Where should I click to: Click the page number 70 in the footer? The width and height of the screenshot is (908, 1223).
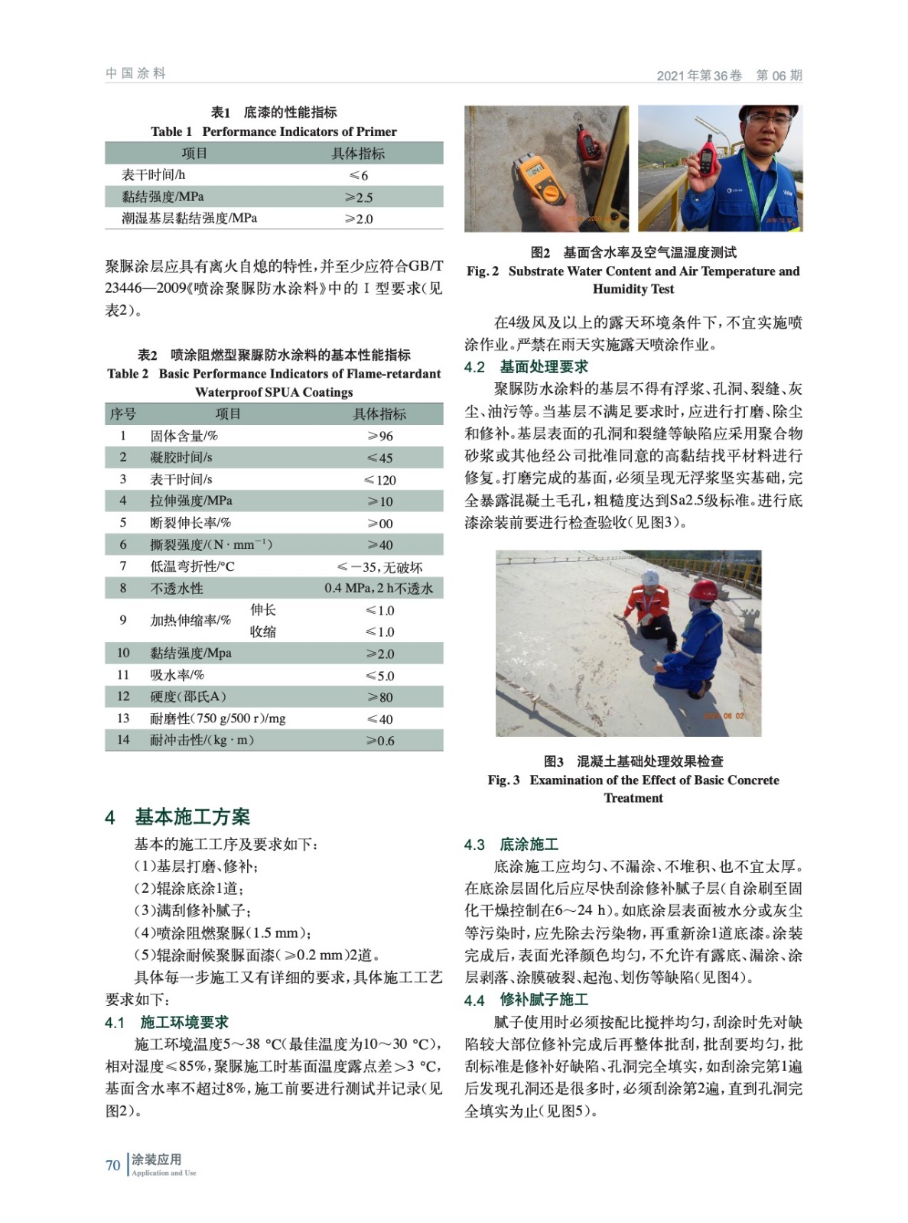(112, 1165)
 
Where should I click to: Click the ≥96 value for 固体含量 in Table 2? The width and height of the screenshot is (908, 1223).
(379, 436)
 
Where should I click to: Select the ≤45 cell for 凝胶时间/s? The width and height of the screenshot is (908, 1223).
(379, 458)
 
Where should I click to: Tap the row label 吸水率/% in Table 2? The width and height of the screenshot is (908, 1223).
(177, 675)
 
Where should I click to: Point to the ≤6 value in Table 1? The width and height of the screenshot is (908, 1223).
(358, 175)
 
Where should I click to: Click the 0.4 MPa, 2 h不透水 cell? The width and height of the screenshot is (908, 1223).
(379, 589)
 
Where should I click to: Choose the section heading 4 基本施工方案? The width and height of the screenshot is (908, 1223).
(177, 816)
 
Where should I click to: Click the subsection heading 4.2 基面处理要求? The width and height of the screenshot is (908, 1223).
(526, 367)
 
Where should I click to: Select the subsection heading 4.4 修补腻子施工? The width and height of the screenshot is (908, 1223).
(526, 1000)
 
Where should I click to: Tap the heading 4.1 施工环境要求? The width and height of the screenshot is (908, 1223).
(167, 1022)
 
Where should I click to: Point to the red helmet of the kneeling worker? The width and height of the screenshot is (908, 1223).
(702, 589)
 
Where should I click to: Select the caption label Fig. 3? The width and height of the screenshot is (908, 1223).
(503, 780)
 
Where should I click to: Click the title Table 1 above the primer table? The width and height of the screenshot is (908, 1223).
(171, 131)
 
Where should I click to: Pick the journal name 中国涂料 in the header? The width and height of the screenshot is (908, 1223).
(135, 73)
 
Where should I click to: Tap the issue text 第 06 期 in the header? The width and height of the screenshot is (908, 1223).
(779, 75)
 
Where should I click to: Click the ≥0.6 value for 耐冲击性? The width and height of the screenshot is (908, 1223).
(379, 740)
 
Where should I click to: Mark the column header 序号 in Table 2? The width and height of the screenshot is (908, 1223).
(123, 414)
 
